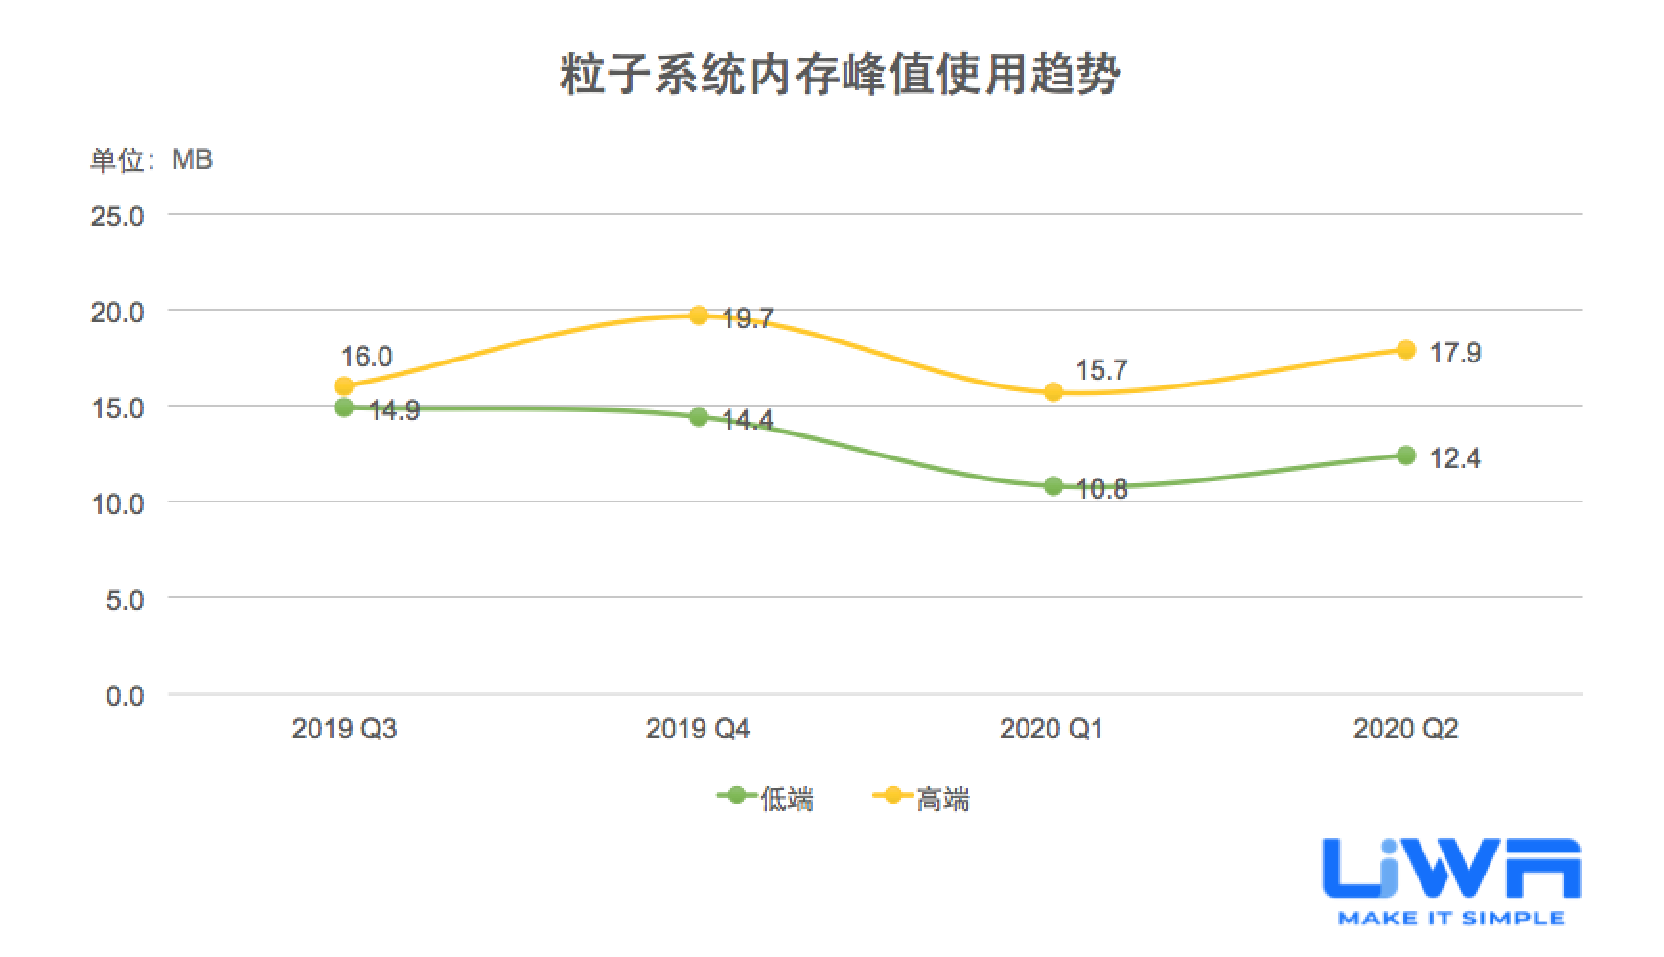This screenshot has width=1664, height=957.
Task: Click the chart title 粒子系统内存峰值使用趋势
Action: point(840,74)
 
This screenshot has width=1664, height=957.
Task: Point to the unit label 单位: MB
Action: point(151,159)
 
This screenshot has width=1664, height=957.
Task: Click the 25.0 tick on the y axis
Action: point(117,216)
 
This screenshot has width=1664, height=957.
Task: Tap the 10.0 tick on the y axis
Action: point(117,503)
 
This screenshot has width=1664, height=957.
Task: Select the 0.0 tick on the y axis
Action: point(125,695)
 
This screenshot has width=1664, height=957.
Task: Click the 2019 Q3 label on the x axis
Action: point(344,730)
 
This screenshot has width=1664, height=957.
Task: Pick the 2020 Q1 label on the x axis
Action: point(1052,730)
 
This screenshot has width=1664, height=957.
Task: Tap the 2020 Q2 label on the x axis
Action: point(1405,730)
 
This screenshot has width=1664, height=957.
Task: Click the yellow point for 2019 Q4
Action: point(699,315)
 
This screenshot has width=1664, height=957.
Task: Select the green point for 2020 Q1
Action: point(1052,486)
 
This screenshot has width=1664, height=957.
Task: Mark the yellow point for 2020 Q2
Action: point(1406,350)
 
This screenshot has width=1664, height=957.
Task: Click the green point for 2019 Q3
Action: point(344,408)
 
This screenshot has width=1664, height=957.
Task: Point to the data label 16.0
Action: point(366,358)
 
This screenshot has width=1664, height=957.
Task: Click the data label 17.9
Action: point(1455,354)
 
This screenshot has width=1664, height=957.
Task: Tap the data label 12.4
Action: point(1455,459)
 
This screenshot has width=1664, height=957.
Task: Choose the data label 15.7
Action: point(1101,371)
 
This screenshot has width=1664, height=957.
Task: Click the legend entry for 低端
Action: point(767,798)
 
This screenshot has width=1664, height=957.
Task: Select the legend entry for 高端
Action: point(922,798)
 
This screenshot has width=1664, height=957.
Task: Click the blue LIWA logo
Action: point(1450,870)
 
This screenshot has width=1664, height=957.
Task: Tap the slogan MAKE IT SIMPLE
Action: point(1450,919)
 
